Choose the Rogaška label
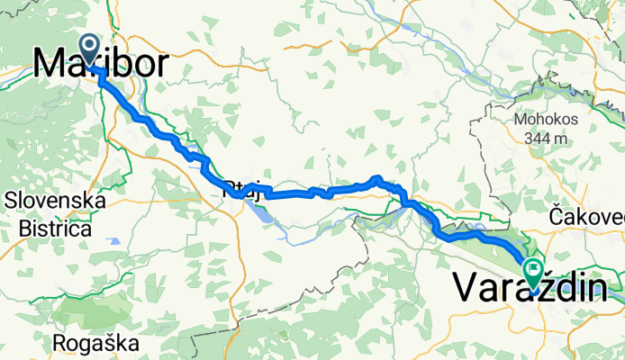[x=95, y=343]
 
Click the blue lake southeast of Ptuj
[x=256, y=213]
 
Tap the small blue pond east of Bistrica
[x=115, y=241]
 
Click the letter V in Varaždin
[x=464, y=287]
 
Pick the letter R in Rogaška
[x=60, y=343]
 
